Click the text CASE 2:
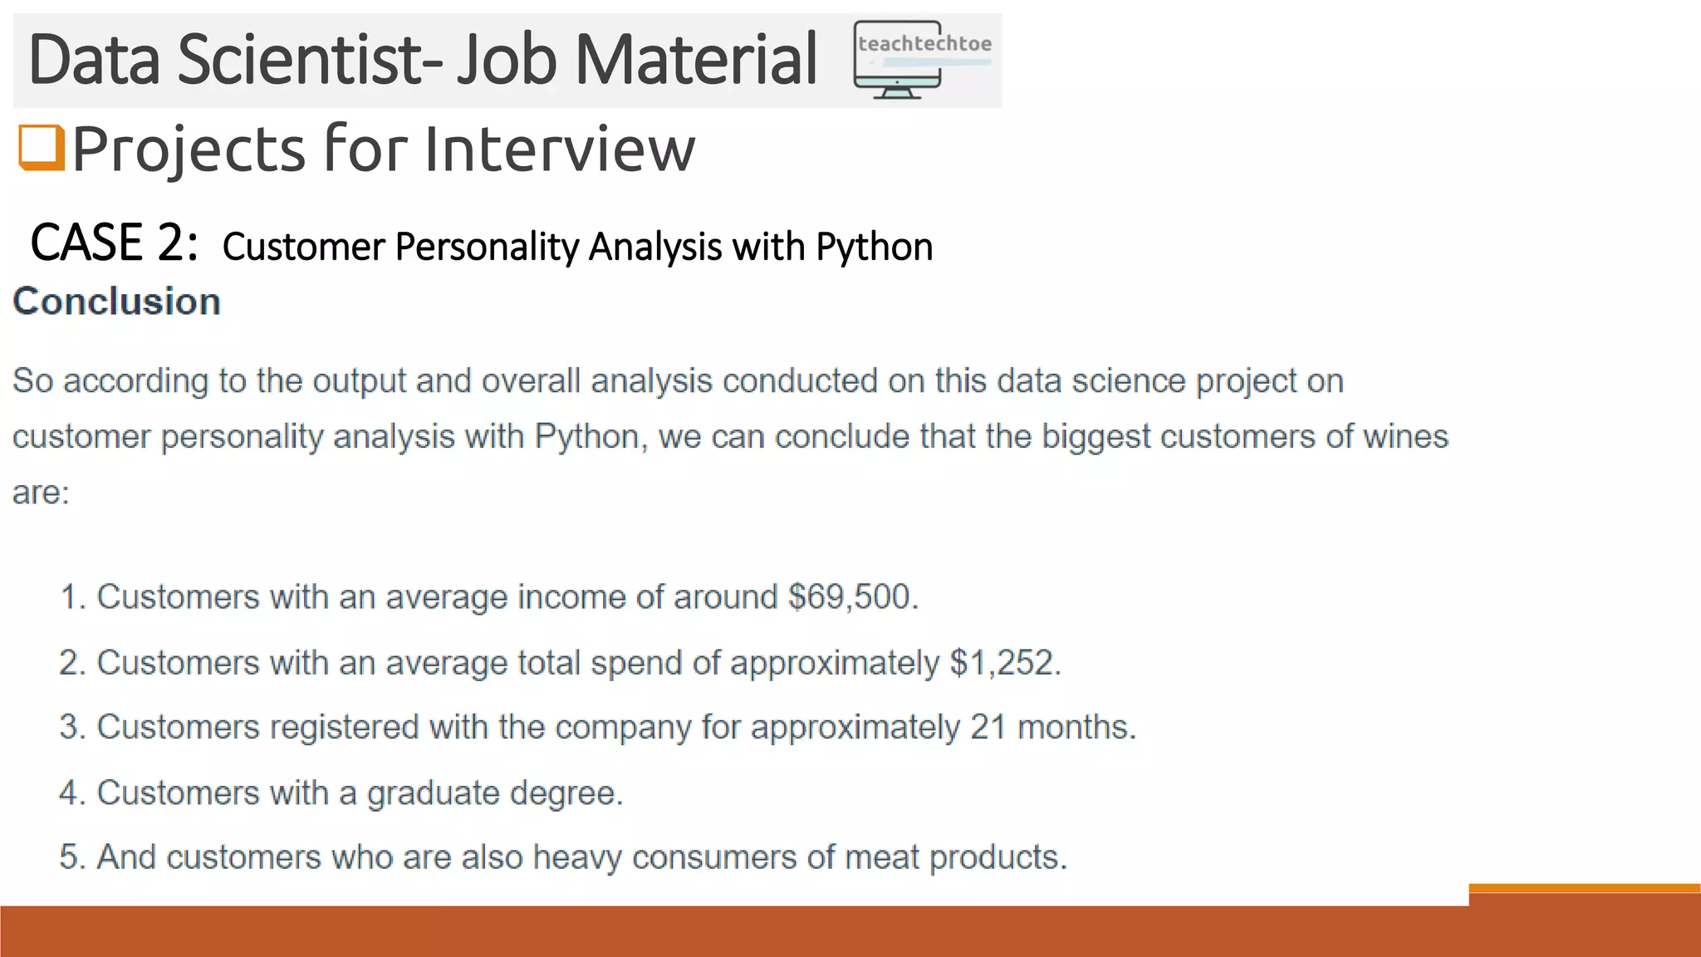pyautogui.click(x=114, y=243)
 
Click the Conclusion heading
pyautogui.click(x=117, y=302)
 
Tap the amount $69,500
pyautogui.click(x=852, y=596)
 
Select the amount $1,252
pyautogui.click(x=1005, y=662)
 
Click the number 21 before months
pyautogui.click(x=988, y=727)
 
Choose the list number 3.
pyautogui.click(x=71, y=727)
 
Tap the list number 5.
pyautogui.click(x=71, y=856)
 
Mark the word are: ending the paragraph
pyautogui.click(x=41, y=492)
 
